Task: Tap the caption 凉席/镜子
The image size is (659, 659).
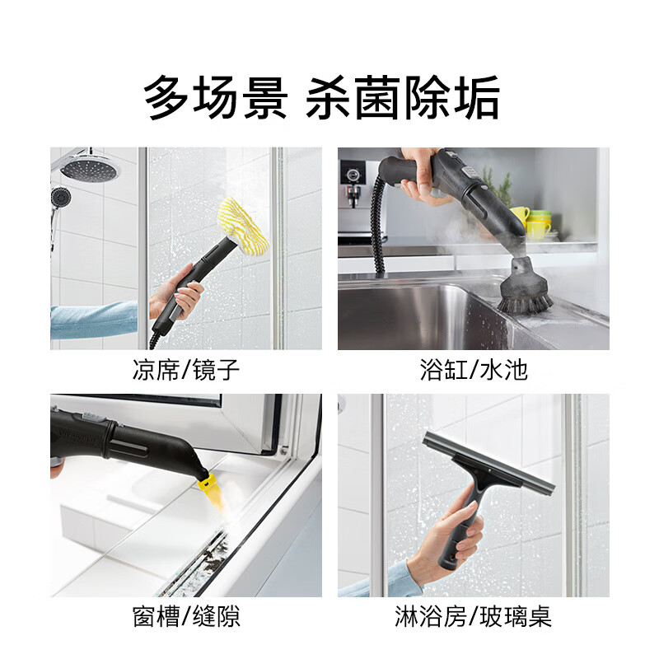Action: point(186,370)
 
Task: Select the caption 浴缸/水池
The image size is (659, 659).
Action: point(473,370)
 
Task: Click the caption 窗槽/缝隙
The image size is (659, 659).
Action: point(186,617)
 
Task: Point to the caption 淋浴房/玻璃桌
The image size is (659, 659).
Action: point(473,617)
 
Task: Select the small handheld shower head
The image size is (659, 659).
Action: point(59,198)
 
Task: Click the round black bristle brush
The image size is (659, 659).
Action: point(525,298)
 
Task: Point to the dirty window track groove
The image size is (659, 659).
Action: point(198,560)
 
